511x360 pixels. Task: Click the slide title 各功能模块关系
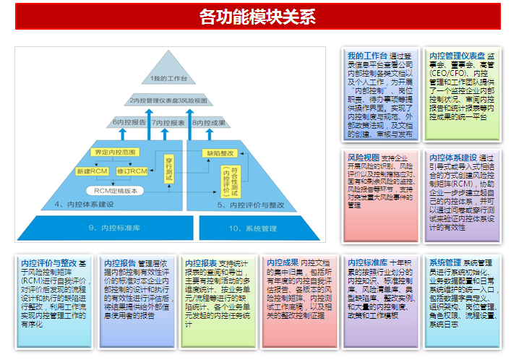coord(257,16)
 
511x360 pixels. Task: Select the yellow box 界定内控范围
coord(114,153)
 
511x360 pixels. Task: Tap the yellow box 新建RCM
coord(92,171)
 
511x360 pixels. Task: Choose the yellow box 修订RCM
coord(132,171)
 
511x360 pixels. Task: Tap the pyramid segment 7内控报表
coord(169,123)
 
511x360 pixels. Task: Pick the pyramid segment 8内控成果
coord(210,123)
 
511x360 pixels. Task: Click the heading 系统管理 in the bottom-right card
coord(445,262)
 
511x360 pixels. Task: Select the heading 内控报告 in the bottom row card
coord(120,262)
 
